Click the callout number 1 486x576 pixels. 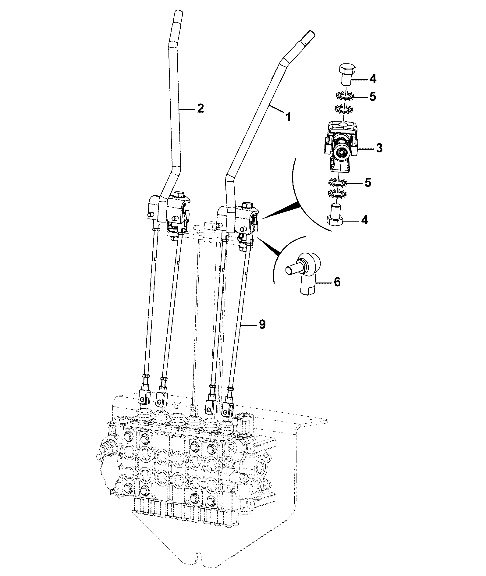[x=287, y=117]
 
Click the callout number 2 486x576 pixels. [x=200, y=108]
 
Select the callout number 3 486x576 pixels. [x=379, y=148]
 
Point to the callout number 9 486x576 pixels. [x=262, y=325]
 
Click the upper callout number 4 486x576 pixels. [x=373, y=79]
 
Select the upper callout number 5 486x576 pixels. [x=372, y=97]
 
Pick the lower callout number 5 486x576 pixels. [x=368, y=183]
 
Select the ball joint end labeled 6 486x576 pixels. [x=305, y=273]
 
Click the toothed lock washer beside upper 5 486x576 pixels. [x=345, y=97]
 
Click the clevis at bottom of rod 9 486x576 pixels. [x=227, y=407]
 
